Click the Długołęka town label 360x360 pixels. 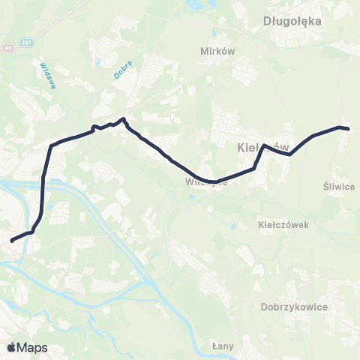coord(293,21)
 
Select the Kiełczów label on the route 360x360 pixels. coord(257,146)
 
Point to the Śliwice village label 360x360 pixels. coord(338,187)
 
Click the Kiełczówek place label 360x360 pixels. coord(283,224)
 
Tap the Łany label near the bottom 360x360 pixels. coord(223,346)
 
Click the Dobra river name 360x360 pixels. coord(124,68)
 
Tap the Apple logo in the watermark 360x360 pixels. coord(12,347)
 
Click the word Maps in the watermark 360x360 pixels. coord(32,347)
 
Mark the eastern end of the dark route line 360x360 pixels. coord(349,129)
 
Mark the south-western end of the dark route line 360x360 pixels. coord(11,241)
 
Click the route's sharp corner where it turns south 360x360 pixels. coord(51,145)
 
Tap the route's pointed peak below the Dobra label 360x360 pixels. coord(124,118)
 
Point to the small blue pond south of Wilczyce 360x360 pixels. coord(194,197)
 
